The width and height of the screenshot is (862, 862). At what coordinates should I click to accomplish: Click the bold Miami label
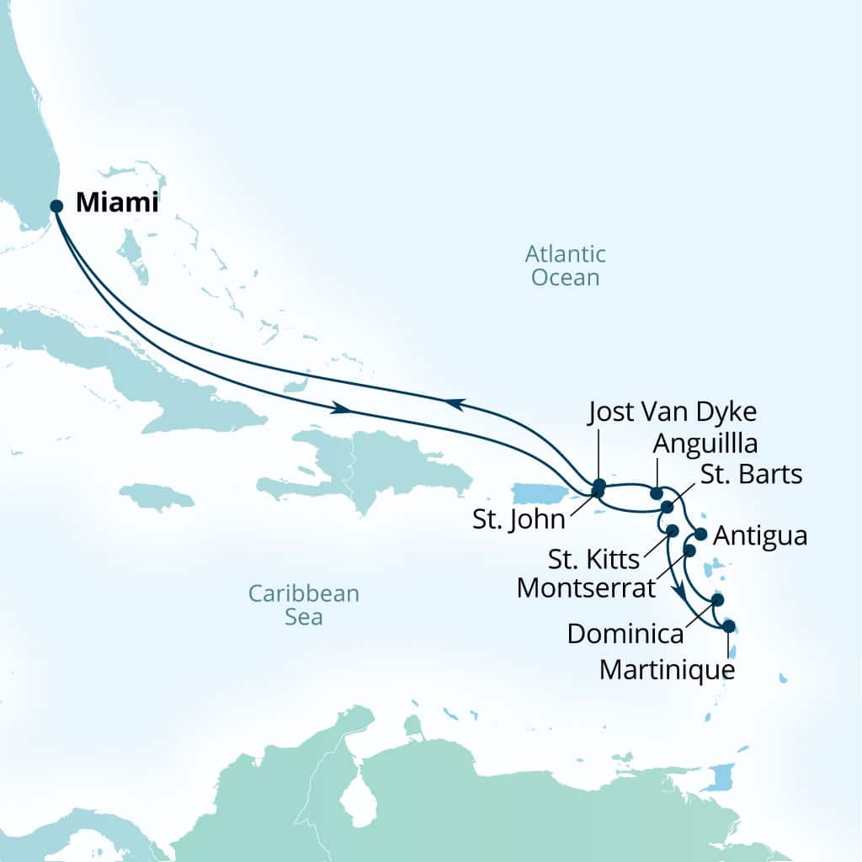click(116, 204)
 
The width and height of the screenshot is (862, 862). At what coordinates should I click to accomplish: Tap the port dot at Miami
click(56, 206)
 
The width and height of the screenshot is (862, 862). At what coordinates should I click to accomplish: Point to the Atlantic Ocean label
click(566, 265)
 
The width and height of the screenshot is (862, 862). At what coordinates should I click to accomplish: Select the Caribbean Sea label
click(303, 604)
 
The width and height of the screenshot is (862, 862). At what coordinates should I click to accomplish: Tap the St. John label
click(519, 519)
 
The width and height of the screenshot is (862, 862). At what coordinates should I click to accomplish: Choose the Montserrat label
click(585, 587)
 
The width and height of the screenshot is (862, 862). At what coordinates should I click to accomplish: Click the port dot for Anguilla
click(657, 492)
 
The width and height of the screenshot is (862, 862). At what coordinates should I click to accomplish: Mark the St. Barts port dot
click(667, 507)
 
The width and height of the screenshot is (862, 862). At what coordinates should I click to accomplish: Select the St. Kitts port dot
click(673, 530)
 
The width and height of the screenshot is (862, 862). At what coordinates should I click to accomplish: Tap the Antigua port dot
click(700, 535)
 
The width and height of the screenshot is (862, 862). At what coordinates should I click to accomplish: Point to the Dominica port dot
click(717, 600)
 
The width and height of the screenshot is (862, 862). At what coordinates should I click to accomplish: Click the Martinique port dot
click(729, 626)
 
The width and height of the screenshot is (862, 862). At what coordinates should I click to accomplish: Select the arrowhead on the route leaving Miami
click(342, 408)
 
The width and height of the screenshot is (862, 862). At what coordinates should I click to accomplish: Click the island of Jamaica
click(156, 496)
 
